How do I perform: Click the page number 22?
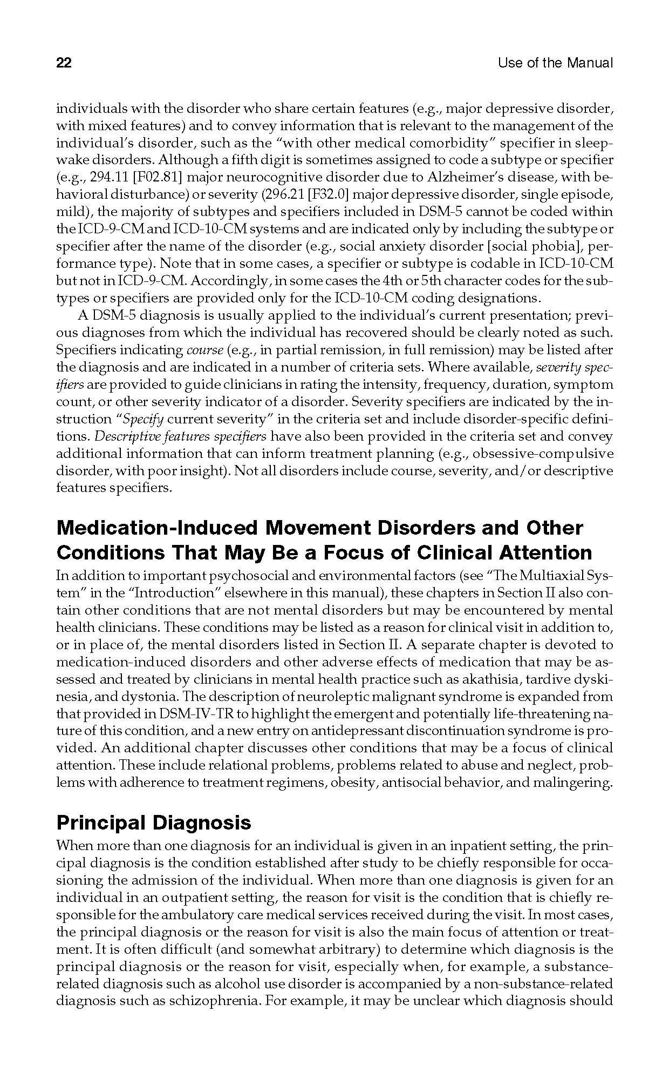pyautogui.click(x=64, y=63)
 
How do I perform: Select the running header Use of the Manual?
pyautogui.click(x=555, y=63)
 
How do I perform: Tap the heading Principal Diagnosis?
pyautogui.click(x=154, y=823)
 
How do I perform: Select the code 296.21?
pyautogui.click(x=284, y=194)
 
